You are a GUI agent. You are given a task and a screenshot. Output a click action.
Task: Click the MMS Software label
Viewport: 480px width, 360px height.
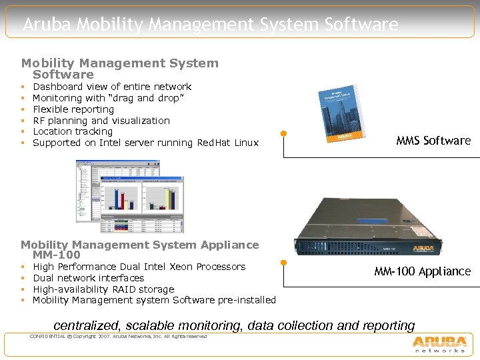click(x=433, y=141)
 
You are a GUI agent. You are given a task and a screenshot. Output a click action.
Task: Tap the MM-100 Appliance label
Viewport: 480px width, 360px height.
click(x=422, y=271)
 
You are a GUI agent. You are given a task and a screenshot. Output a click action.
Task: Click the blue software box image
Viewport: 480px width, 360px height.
click(x=348, y=114)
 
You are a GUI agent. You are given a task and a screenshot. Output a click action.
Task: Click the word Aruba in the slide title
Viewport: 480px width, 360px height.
click(x=47, y=25)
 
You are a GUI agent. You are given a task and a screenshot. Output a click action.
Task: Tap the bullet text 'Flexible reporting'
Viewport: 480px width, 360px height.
click(x=73, y=109)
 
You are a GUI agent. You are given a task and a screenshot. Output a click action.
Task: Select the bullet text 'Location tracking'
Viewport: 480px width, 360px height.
click(x=73, y=131)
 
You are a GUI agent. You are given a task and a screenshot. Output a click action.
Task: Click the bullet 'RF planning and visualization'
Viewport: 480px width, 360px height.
click(x=101, y=121)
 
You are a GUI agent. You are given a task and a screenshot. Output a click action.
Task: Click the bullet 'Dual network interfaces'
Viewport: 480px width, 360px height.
click(x=88, y=278)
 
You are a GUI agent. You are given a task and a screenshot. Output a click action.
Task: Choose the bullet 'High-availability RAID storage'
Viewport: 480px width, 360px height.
click(x=103, y=289)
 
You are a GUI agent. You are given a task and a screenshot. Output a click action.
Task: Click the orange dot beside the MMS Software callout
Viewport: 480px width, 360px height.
click(x=284, y=133)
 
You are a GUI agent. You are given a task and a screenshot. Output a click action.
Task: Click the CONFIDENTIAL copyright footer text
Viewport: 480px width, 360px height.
click(x=118, y=336)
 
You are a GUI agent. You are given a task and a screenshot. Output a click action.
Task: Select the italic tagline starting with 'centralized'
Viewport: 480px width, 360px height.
click(x=233, y=325)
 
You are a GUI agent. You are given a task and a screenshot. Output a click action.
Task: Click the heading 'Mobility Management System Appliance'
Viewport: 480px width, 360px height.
click(x=139, y=245)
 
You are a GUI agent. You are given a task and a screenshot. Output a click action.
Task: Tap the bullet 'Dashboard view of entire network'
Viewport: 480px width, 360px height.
click(x=112, y=87)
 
